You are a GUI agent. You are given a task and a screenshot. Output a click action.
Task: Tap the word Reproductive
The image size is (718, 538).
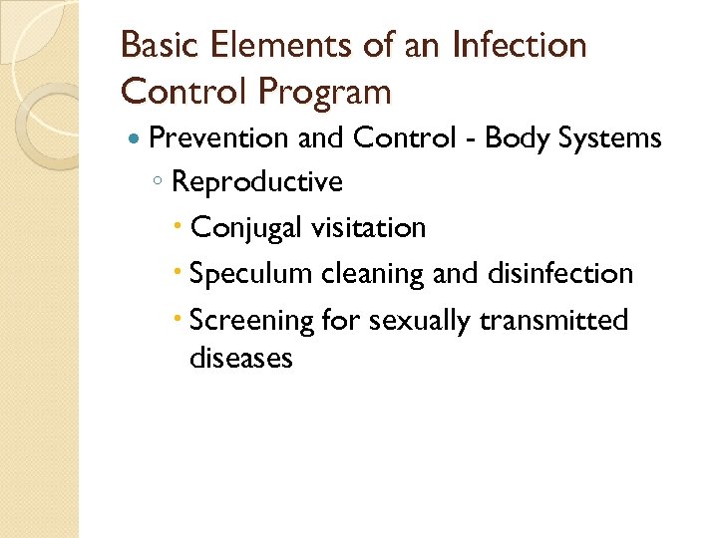[256, 182]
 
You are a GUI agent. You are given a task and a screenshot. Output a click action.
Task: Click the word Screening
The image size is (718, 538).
[250, 321]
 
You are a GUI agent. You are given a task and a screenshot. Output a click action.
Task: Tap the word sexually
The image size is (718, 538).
[420, 321]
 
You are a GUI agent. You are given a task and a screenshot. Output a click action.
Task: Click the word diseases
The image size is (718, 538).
[240, 358]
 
